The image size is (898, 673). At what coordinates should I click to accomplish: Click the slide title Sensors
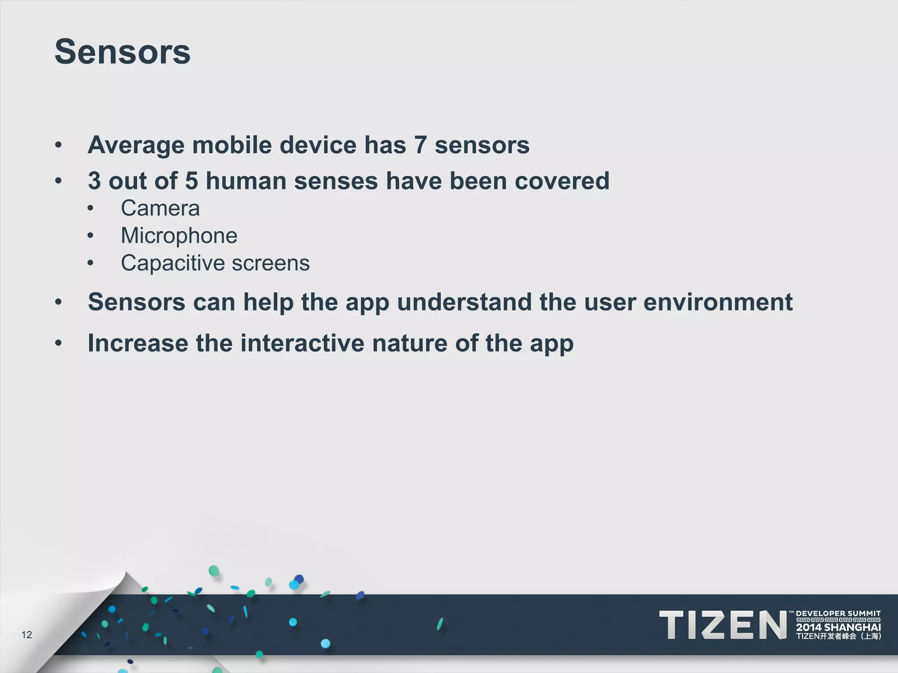point(122,52)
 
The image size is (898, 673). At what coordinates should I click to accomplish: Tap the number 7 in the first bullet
point(420,145)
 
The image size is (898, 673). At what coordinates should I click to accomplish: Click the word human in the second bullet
point(246,181)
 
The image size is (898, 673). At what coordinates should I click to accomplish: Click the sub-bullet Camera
point(160,208)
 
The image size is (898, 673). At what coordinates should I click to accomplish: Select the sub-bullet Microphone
point(179,236)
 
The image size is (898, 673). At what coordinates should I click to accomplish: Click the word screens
point(271,263)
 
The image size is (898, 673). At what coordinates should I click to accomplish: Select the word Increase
point(138,343)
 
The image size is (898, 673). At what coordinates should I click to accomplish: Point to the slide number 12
point(26,635)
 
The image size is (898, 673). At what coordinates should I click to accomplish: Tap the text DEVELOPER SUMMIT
point(838,613)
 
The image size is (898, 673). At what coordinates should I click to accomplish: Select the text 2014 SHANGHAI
point(838,627)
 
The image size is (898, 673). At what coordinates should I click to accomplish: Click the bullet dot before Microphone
point(90,236)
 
